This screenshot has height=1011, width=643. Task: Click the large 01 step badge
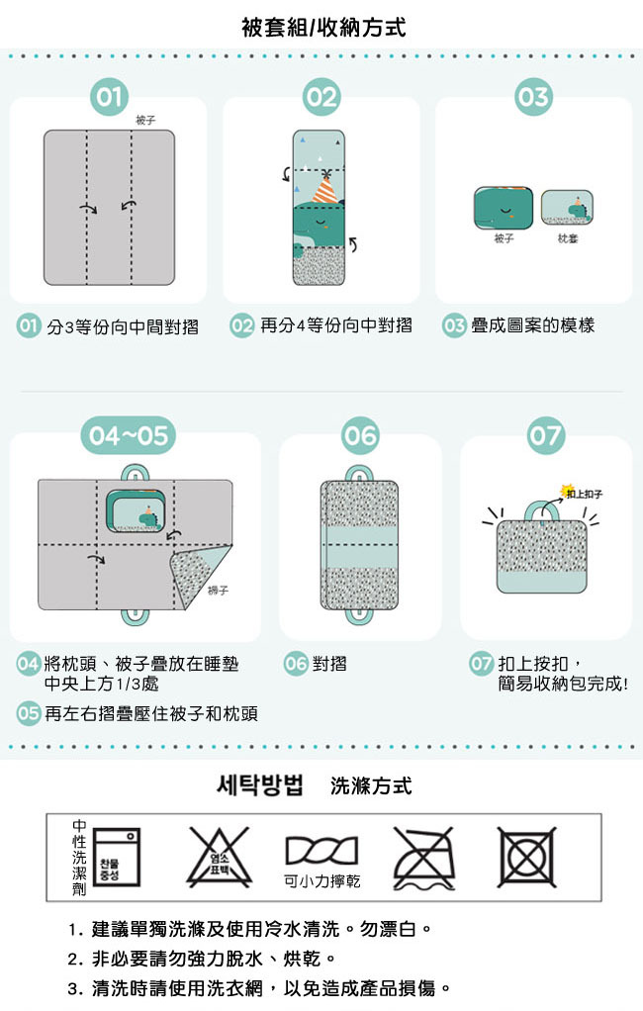click(110, 97)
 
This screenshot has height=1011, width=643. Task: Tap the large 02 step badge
click(321, 97)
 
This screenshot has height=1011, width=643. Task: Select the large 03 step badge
click(533, 97)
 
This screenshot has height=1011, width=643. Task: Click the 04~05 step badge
click(128, 434)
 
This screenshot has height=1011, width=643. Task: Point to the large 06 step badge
click(360, 435)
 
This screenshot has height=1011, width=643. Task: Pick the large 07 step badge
click(545, 435)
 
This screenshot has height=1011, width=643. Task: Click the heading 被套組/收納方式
click(322, 28)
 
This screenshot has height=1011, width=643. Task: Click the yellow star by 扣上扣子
click(569, 491)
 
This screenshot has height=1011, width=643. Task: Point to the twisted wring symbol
click(321, 850)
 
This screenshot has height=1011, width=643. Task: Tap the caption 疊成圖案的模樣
click(532, 325)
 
